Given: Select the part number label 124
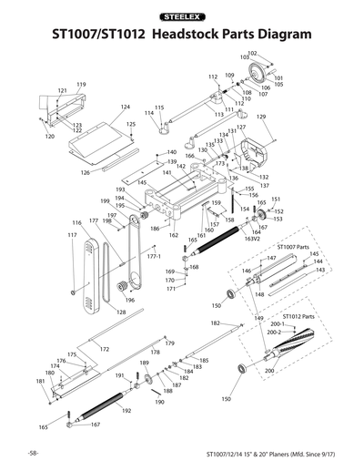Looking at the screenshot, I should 126,107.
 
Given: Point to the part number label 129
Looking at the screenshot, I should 260,118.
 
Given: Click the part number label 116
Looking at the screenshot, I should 76,223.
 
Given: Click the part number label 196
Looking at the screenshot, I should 129,301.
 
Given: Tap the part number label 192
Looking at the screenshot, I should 126,411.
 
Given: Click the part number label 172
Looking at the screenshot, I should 105,349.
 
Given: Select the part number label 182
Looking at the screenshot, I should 215,323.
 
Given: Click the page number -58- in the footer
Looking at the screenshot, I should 32,452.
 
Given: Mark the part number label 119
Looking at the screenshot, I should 81,84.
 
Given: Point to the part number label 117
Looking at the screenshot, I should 72,235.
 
